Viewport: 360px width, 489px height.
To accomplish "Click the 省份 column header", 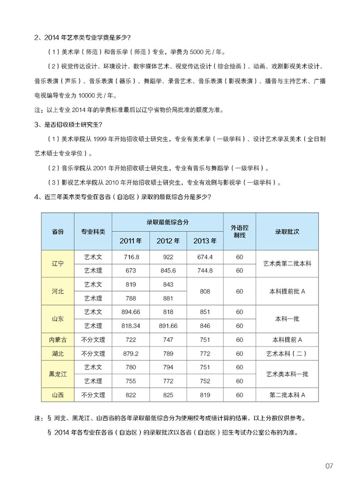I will pyautogui.click(x=58, y=232).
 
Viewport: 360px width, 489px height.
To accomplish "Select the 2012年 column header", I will pyautogui.click(x=168, y=241).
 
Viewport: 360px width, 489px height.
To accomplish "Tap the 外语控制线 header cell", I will pyautogui.click(x=239, y=232).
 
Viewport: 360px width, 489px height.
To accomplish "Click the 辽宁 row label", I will pyautogui.click(x=58, y=264).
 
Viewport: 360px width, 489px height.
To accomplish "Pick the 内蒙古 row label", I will pyautogui.click(x=58, y=340).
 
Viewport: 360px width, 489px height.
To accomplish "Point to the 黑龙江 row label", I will pyautogui.click(x=58, y=374).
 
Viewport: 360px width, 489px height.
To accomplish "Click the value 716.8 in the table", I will pyautogui.click(x=131, y=257).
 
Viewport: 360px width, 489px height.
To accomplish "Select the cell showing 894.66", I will pyautogui.click(x=131, y=312).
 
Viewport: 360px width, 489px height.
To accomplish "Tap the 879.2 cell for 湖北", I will pyautogui.click(x=131, y=354).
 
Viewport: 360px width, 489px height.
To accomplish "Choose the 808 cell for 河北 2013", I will pyautogui.click(x=205, y=291).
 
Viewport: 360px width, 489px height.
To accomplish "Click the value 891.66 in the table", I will pyautogui.click(x=168, y=326).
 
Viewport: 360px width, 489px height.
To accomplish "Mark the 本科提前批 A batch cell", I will pyautogui.click(x=287, y=291).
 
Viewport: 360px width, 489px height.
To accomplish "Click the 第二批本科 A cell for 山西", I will pyautogui.click(x=287, y=395).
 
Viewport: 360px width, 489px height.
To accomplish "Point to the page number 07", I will pyautogui.click(x=329, y=466).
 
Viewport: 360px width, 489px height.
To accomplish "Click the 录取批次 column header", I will pyautogui.click(x=287, y=232).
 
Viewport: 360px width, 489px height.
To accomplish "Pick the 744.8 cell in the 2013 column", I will pyautogui.click(x=205, y=270).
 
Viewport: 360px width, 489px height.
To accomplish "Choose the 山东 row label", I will pyautogui.click(x=58, y=319).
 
